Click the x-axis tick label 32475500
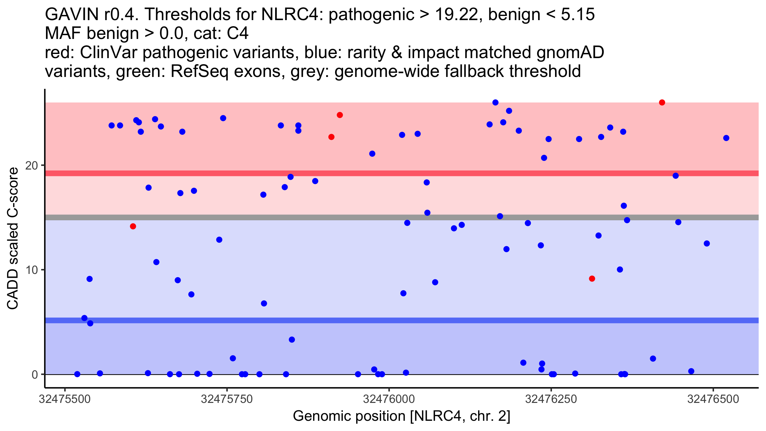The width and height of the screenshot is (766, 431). [65, 399]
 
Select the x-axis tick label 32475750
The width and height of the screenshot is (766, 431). [227, 399]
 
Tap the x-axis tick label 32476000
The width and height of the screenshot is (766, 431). [389, 399]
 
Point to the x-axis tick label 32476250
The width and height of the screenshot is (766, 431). [551, 399]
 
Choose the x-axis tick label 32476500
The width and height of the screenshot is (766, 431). [713, 399]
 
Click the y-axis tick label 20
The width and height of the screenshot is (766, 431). [31, 165]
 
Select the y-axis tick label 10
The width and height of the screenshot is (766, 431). [31, 270]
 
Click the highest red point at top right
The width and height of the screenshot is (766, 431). [662, 102]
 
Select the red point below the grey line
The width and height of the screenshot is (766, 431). [133, 226]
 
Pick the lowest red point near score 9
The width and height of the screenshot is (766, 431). [592, 279]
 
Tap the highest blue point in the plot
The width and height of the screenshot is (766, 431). [495, 102]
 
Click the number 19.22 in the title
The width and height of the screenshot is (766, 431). [458, 15]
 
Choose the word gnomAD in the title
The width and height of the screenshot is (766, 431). [570, 53]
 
